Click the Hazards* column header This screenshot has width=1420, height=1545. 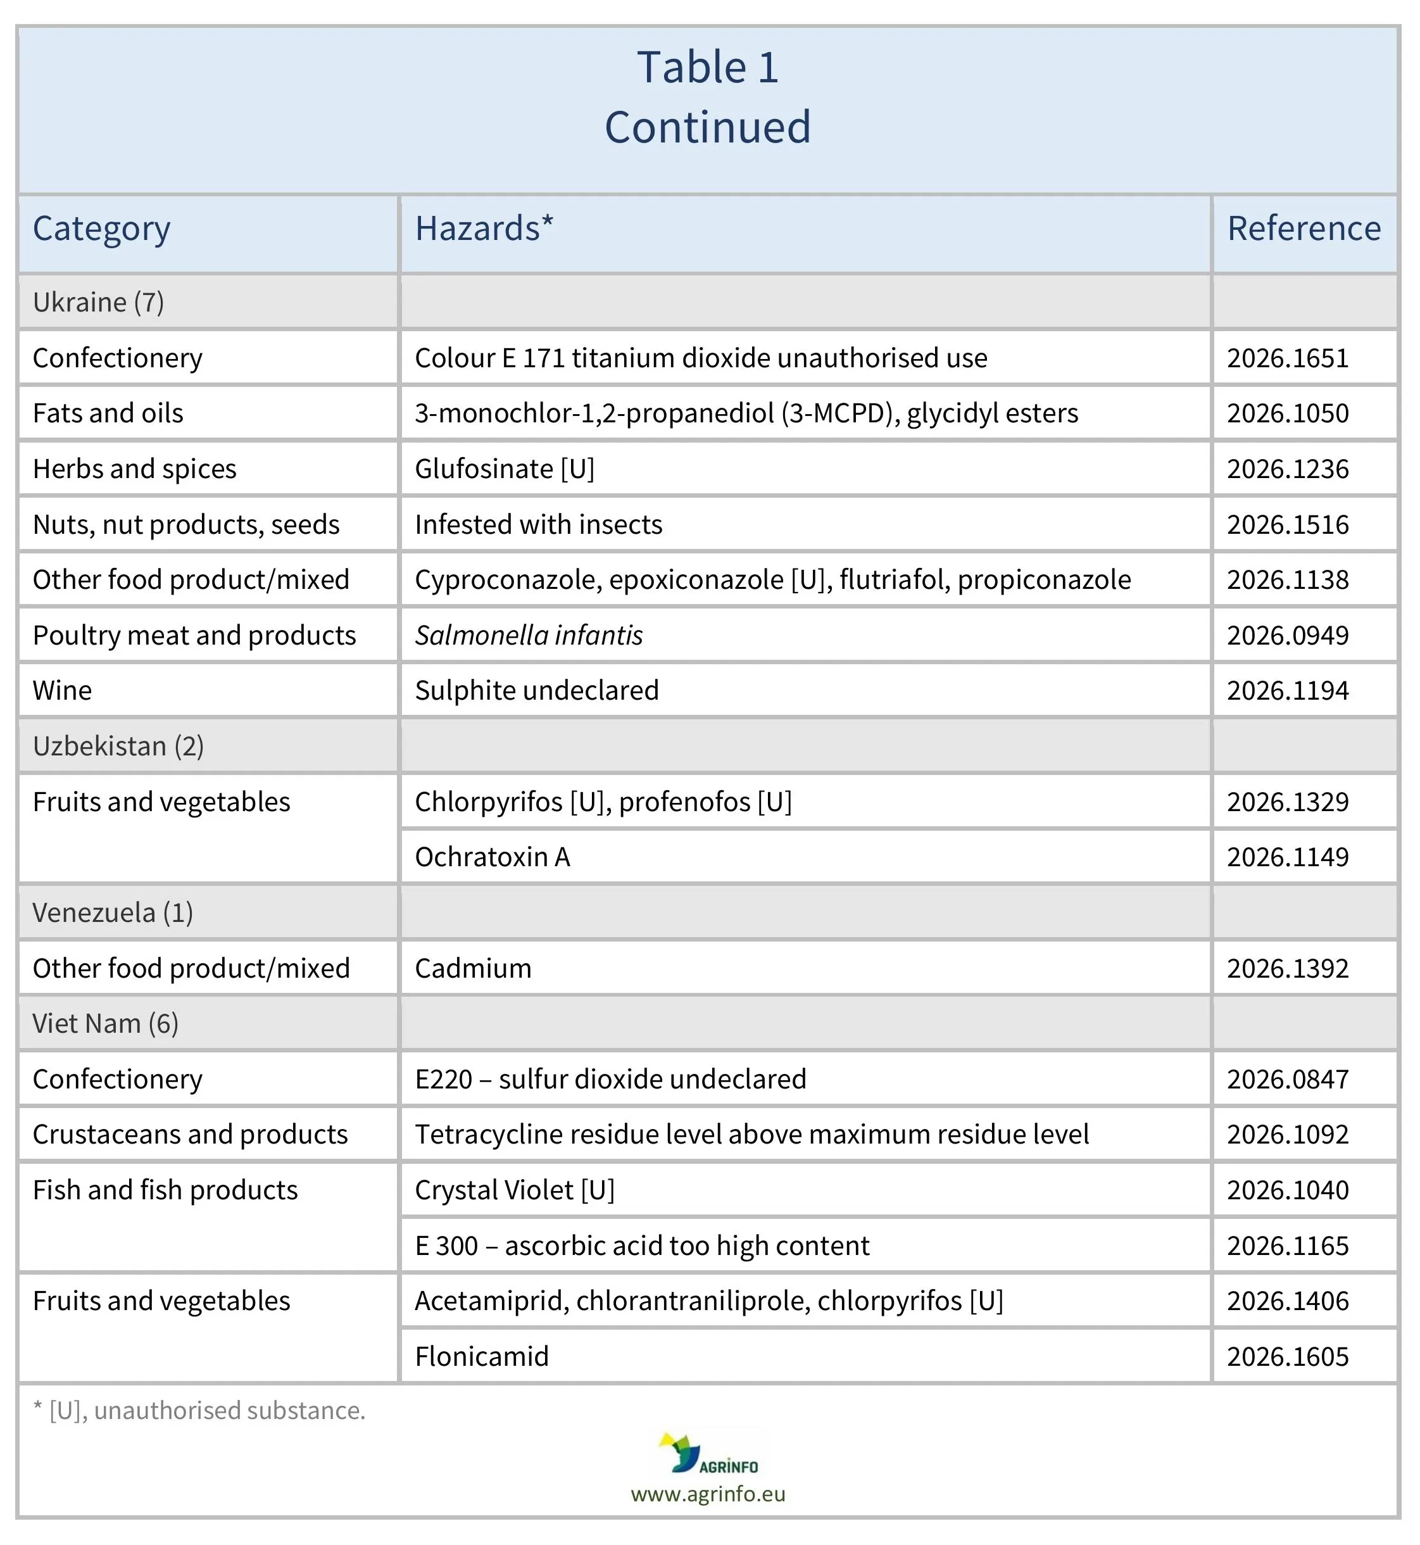(483, 229)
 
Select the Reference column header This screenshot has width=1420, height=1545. (1304, 229)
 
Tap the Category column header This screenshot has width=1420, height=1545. (101, 229)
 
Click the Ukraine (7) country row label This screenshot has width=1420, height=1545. (98, 302)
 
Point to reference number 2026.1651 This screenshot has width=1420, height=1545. (1287, 358)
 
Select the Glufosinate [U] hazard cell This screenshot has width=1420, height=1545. (505, 469)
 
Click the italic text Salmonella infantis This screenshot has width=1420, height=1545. (529, 636)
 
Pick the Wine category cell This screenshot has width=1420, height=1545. (62, 691)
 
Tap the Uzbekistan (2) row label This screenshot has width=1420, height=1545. (118, 747)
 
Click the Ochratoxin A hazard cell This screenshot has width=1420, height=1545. (493, 857)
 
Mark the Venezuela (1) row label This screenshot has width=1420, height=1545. (113, 913)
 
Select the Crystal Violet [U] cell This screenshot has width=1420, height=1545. (515, 1190)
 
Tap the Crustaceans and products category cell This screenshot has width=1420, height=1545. (190, 1135)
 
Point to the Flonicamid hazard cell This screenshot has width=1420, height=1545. (482, 1357)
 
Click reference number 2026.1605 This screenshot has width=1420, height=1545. (1287, 1357)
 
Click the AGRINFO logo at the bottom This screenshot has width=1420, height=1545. (708, 1454)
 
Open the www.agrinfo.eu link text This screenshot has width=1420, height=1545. (708, 1494)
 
